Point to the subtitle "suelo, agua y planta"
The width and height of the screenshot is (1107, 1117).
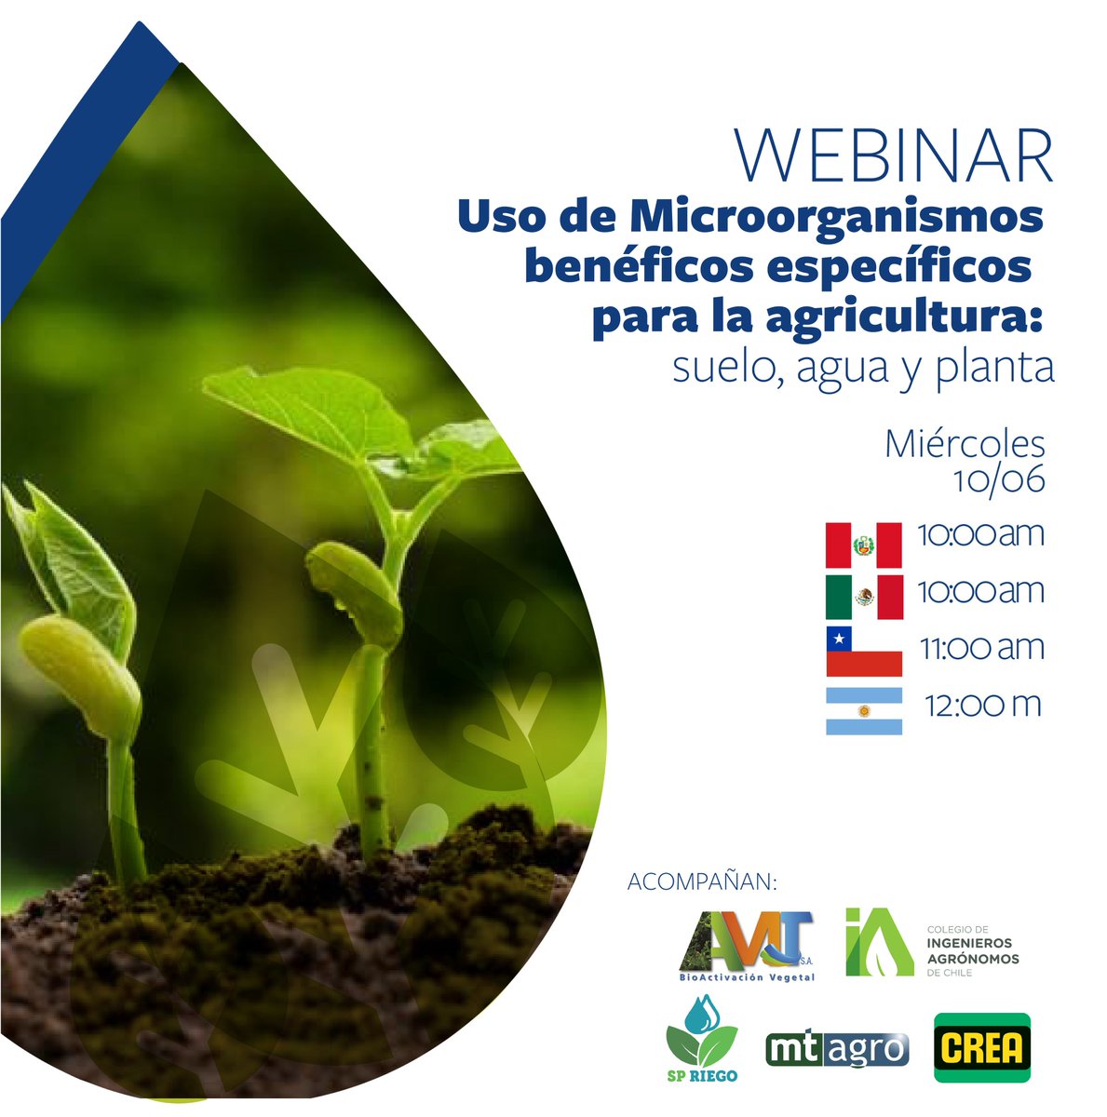pos(863,369)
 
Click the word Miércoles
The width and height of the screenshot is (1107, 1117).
pos(965,444)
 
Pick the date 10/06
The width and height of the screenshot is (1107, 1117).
pos(998,479)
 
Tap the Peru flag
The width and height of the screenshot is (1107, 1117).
pos(863,545)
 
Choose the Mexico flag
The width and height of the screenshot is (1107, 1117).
pos(863,597)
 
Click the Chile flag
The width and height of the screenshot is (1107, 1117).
pos(863,651)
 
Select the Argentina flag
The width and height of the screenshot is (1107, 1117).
pos(863,711)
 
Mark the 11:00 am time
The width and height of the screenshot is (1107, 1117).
pos(981,648)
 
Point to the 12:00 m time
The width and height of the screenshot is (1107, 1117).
pos(982,706)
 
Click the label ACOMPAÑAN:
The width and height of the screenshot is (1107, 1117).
pos(702,881)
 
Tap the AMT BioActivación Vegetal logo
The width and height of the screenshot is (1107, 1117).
pos(747,946)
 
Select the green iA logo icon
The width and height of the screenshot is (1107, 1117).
pos(877,942)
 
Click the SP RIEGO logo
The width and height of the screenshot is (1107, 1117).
pos(702,1040)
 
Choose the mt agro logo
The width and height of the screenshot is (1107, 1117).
pos(836,1049)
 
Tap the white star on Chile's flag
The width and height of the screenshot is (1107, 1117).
pos(839,639)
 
